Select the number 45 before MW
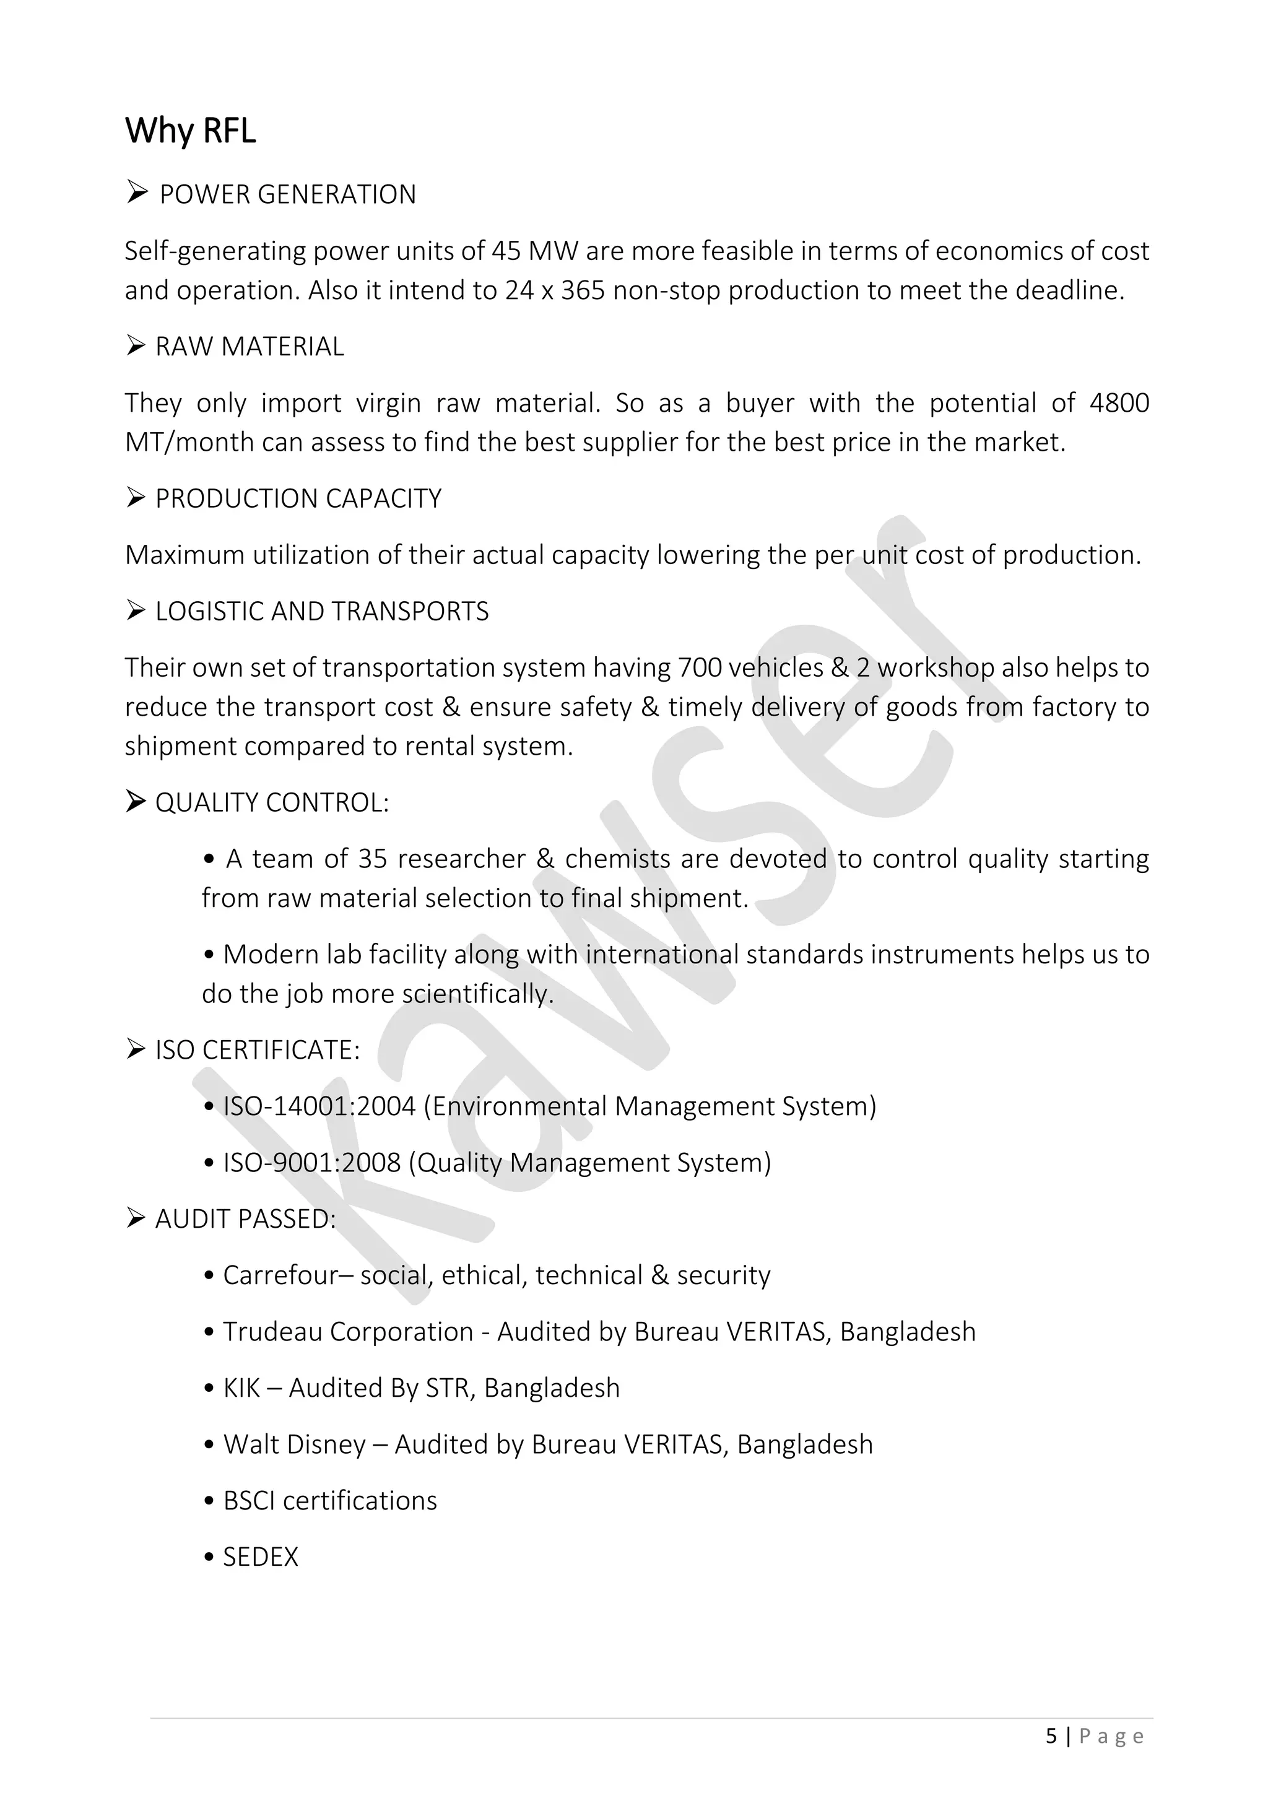pyautogui.click(x=506, y=251)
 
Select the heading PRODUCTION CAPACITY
pyautogui.click(x=298, y=498)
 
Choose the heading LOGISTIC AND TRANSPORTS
pyautogui.click(x=322, y=612)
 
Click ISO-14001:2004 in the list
pyautogui.click(x=319, y=1106)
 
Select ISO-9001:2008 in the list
pyautogui.click(x=311, y=1163)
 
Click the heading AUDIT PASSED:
pyautogui.click(x=245, y=1219)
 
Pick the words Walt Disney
pyautogui.click(x=294, y=1444)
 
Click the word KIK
pyautogui.click(x=241, y=1389)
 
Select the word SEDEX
pyautogui.click(x=261, y=1557)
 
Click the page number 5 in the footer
pyautogui.click(x=1051, y=1736)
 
